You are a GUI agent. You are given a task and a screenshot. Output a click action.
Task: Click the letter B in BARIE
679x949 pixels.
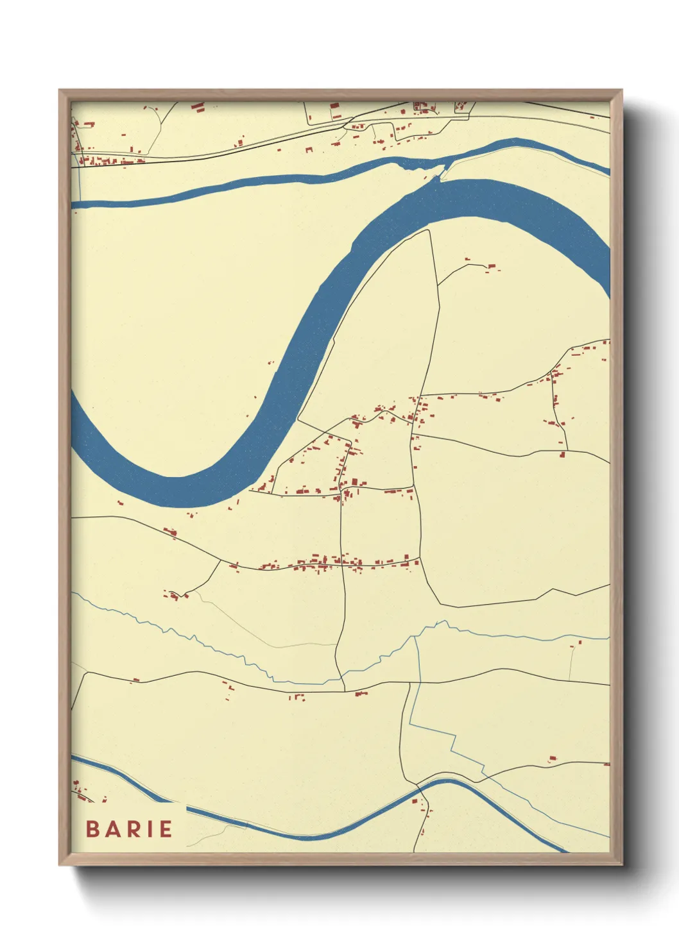click(93, 829)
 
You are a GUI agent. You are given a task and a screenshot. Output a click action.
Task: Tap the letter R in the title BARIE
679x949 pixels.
click(130, 829)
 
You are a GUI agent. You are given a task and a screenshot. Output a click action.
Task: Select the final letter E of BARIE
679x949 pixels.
click(166, 829)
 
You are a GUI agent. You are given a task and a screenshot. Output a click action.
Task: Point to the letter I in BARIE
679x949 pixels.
click(149, 829)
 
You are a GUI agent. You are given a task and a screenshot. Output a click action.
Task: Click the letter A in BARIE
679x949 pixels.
click(111, 829)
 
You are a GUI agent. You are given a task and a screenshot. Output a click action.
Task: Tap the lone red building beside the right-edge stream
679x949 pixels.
click(580, 641)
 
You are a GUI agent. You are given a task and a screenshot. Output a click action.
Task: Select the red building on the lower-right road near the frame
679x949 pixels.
click(551, 759)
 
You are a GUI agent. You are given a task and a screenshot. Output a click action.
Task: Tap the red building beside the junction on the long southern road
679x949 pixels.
click(359, 693)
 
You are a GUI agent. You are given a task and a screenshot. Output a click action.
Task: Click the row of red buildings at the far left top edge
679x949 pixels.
click(103, 160)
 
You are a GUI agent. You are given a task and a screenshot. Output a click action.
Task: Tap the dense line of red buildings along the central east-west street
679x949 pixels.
click(327, 563)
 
